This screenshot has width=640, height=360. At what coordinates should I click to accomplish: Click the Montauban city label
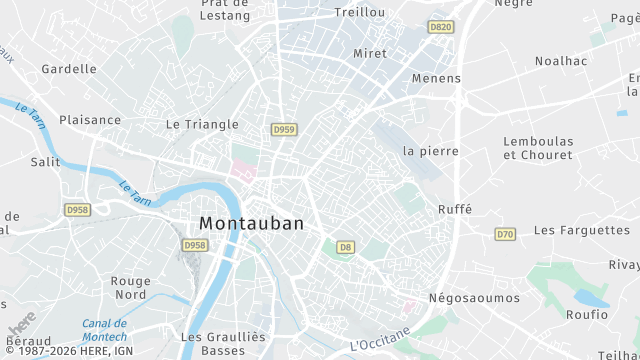coord(251,224)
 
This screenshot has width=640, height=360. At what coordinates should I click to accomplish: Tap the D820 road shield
coord(440,27)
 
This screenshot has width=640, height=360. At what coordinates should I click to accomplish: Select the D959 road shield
coord(284,129)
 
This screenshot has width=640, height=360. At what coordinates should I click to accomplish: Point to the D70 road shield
coord(505,234)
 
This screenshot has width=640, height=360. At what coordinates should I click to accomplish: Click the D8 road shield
coord(345,246)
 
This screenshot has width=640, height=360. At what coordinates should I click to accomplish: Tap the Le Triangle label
coord(202,125)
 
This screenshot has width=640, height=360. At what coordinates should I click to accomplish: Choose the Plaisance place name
coord(90,120)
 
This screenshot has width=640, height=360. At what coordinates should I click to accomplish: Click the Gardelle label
coord(69,69)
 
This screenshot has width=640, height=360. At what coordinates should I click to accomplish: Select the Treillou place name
coord(359,12)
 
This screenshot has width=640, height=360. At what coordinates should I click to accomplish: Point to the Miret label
coord(370,53)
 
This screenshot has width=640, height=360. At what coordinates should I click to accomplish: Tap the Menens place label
coord(437,78)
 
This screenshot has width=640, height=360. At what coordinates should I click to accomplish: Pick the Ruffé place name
coord(454,209)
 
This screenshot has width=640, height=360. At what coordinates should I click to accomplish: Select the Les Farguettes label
coord(582,230)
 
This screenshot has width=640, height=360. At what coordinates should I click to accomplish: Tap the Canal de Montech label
coord(104,331)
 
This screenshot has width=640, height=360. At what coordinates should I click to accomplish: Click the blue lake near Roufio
coord(590,298)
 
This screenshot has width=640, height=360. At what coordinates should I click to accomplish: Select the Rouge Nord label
coord(130,288)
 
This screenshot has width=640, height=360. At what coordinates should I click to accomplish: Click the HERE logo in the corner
coord(22,323)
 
